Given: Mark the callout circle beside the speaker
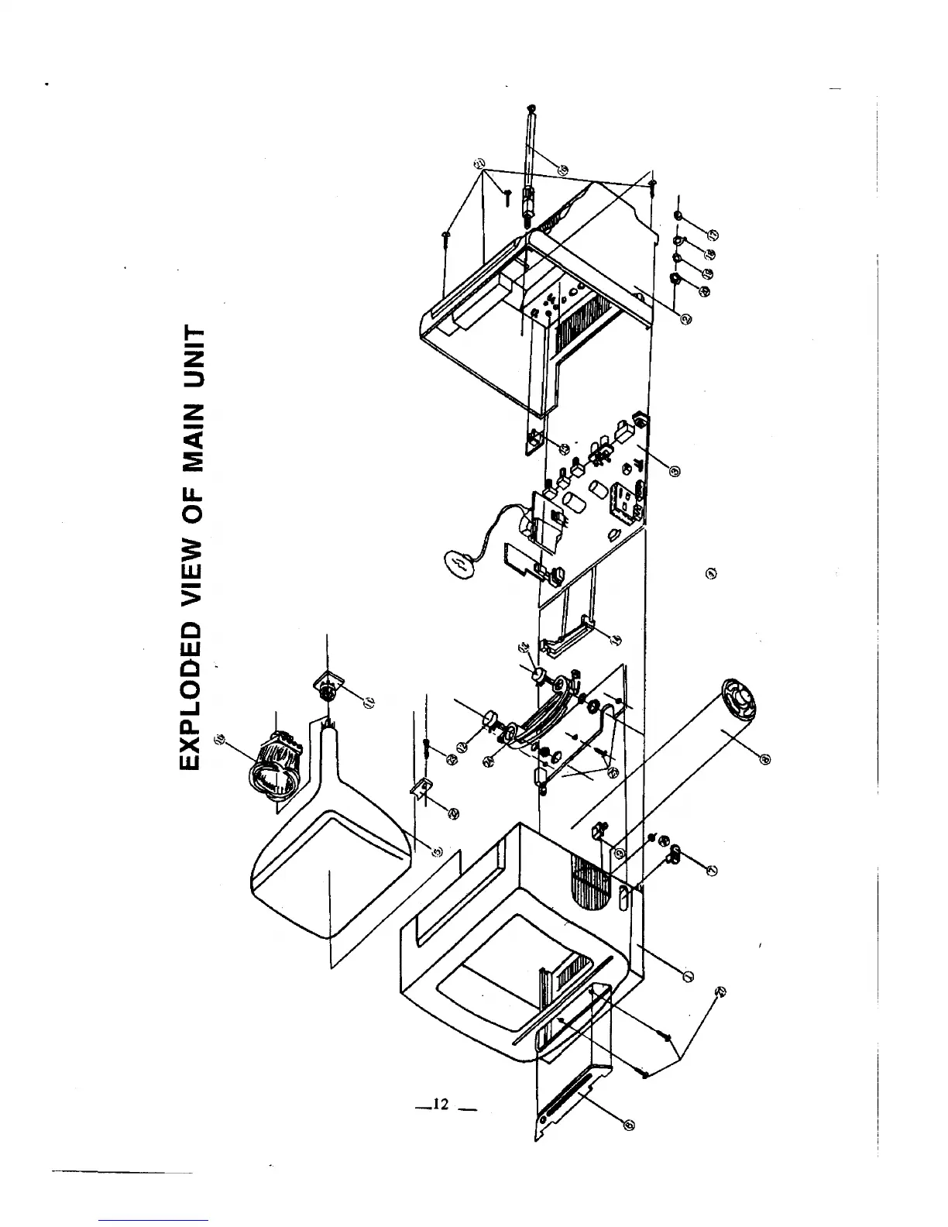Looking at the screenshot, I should (765, 758).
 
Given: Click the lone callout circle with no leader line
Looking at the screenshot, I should (711, 573).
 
